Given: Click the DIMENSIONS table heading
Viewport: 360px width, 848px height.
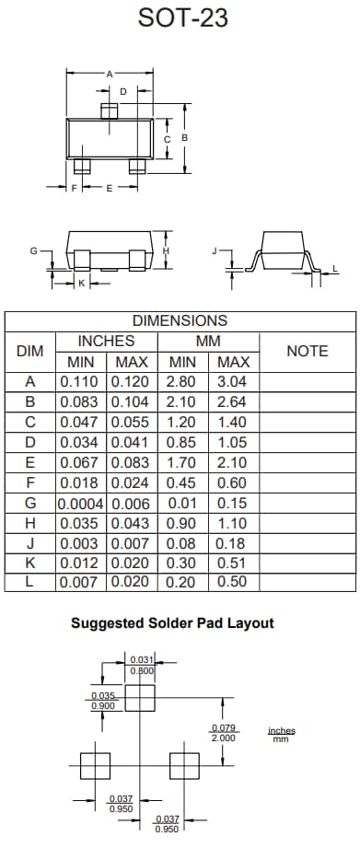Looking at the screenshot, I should pos(180,321).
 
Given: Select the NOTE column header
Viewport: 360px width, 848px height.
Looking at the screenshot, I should pos(308,351).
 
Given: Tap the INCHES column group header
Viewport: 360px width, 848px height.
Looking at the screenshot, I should pos(106,342).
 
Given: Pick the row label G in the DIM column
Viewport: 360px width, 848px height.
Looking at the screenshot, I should pos(30,504).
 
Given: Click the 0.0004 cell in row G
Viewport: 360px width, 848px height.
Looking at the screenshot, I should pos(82,504).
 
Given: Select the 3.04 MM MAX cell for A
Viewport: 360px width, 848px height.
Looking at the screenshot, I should pos(234,381).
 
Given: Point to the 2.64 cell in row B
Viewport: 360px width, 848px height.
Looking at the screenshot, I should pos(234,401).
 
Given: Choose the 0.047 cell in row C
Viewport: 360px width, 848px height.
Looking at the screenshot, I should pos(82,422).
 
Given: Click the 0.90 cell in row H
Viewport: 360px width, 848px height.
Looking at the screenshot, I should pos(184,523).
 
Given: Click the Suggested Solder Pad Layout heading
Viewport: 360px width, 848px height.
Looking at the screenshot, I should pos(172,623).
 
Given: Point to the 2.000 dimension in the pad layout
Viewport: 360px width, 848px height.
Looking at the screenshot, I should pos(223,738).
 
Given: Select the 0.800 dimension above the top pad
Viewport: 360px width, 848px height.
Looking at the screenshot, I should pos(141,670).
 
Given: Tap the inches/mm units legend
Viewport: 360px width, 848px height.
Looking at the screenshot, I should pos(282,735).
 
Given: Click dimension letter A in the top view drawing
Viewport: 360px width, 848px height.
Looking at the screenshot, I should pos(109,73).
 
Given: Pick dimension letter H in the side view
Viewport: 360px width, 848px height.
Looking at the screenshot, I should pos(167,250).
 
